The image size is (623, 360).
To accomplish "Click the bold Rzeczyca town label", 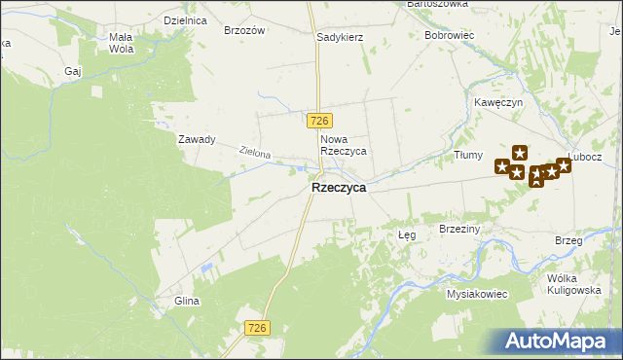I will pyautogui.click(x=338, y=189).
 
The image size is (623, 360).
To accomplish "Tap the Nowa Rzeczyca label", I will pyautogui.click(x=343, y=145).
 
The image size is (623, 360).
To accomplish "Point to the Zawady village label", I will pyautogui.click(x=196, y=139).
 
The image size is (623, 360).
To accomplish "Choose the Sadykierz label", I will pyautogui.click(x=340, y=37).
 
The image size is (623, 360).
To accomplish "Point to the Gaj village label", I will pyautogui.click(x=72, y=71).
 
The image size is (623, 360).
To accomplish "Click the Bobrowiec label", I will pyautogui.click(x=449, y=35).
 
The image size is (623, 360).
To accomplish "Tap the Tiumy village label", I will pyautogui.click(x=468, y=155).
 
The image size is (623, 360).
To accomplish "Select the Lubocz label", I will pyautogui.click(x=586, y=157).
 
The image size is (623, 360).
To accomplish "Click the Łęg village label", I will pyautogui.click(x=408, y=235).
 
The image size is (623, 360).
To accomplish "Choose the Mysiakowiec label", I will pyautogui.click(x=477, y=293).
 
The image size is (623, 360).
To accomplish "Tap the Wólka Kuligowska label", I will pyautogui.click(x=574, y=283).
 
